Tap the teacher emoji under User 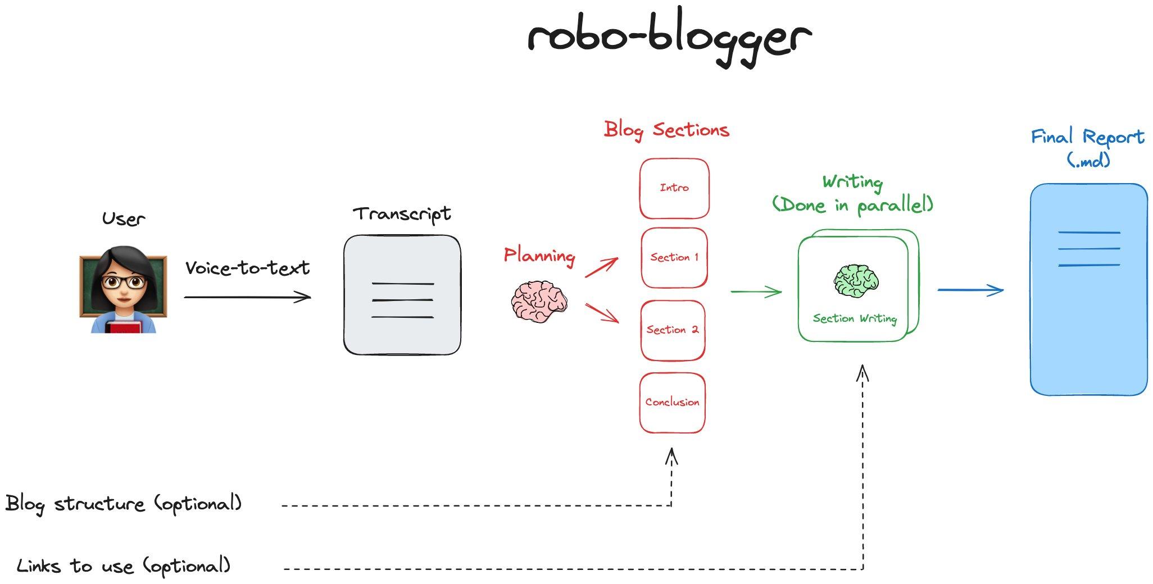(x=124, y=289)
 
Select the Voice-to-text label (x=247, y=268)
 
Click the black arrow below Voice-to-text (x=247, y=297)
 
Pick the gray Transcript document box (x=402, y=295)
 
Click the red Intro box (x=674, y=189)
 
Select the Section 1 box (x=674, y=258)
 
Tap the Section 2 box (x=673, y=330)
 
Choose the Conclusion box (x=672, y=403)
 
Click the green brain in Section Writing (x=856, y=281)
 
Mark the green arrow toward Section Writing (x=756, y=291)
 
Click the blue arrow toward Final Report (x=970, y=290)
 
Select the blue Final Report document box (x=1088, y=290)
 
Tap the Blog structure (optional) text (x=124, y=504)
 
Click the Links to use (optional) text (x=124, y=566)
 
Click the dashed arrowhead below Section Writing (x=863, y=373)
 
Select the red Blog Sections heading (x=666, y=130)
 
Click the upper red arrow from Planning (x=602, y=267)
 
